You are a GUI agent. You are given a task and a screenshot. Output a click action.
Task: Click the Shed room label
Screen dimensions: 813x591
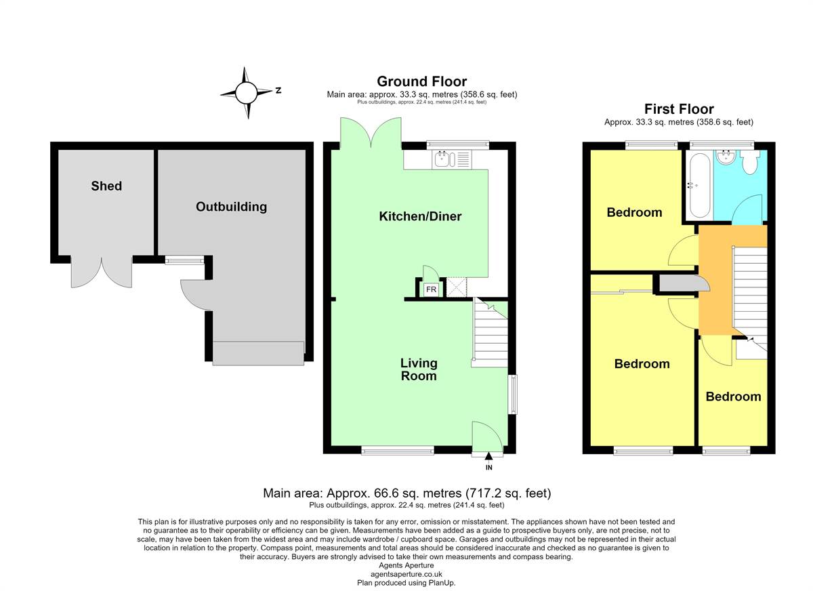point(106,186)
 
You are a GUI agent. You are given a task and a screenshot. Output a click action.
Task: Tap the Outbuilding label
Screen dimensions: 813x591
point(232,207)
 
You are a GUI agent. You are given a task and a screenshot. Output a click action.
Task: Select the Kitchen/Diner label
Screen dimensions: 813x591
point(420,216)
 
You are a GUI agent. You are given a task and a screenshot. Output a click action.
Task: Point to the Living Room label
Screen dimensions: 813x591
point(419,369)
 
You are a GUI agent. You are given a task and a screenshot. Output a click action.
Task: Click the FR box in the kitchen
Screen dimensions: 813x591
point(431,289)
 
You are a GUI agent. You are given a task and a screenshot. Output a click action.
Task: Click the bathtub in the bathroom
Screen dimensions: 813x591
point(700,186)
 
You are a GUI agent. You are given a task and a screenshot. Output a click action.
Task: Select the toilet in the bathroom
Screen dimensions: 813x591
point(750,162)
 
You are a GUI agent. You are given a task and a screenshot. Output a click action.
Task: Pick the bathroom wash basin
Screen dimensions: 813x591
point(726,157)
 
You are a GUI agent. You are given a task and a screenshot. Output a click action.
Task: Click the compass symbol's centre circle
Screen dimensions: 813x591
point(246,93)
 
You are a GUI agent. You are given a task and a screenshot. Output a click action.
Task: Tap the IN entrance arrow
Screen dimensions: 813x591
point(489,455)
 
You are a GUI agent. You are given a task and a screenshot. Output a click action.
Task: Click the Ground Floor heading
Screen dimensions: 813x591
point(421,81)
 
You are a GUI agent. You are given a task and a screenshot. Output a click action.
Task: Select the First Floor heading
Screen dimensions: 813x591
point(679,109)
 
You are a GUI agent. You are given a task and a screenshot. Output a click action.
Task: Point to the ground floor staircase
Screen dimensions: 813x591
point(490,333)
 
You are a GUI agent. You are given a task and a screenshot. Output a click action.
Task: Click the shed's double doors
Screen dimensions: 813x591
point(102,272)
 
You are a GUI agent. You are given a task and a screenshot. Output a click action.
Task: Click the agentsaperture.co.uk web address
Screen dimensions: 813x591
point(406,574)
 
